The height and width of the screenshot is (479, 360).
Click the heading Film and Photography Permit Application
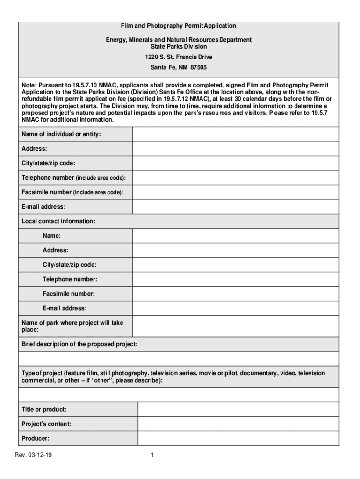pyautogui.click(x=179, y=26)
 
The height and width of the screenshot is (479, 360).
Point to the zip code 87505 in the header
pyautogui.click(x=197, y=67)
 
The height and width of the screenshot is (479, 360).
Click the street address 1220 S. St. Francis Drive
pyautogui.click(x=179, y=57)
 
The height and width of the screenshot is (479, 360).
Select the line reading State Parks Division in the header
pyautogui.click(x=179, y=47)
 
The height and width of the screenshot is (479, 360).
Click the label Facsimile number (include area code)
pyautogui.click(x=72, y=192)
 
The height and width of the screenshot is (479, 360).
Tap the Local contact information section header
pyautogui.click(x=58, y=221)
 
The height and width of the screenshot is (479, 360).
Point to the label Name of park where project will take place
pyautogui.click(x=72, y=326)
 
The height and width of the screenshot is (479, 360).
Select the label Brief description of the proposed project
pyautogui.click(x=79, y=344)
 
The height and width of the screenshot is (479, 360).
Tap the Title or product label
pyautogui.click(x=44, y=409)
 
